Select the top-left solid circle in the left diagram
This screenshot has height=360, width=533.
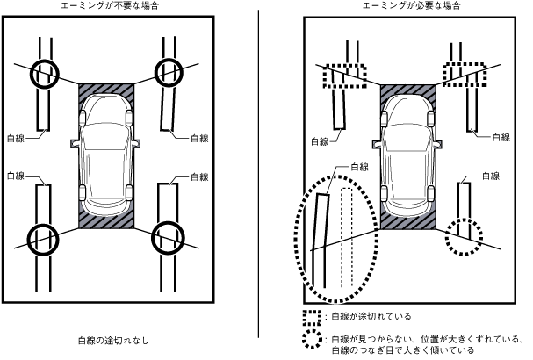click(43, 74)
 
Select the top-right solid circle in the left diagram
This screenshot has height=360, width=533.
click(169, 72)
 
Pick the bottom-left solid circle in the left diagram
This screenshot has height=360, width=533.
click(43, 237)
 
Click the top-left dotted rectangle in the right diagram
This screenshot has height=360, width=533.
click(343, 76)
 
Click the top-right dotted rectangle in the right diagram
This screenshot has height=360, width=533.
click(463, 76)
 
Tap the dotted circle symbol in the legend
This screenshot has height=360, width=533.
click(311, 340)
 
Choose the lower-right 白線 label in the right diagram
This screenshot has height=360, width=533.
click(492, 176)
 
